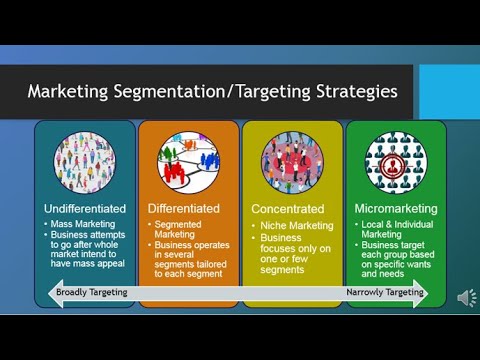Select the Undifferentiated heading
85,208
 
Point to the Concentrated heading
288,209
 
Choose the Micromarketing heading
395,208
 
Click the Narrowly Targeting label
385,292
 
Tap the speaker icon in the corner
466,297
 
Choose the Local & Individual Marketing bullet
396,229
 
